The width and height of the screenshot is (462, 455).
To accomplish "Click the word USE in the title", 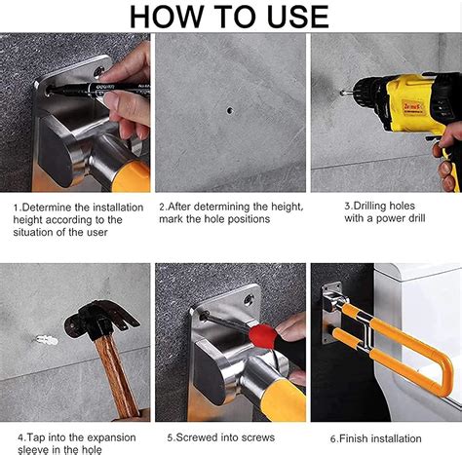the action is tap(298, 17).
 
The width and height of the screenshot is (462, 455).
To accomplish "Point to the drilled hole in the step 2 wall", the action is tap(230, 110).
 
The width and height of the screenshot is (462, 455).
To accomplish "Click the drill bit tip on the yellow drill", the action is tap(342, 94).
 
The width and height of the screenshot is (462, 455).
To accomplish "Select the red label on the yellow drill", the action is tap(412, 106).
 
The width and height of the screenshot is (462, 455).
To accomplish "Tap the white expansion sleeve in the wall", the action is tap(47, 340).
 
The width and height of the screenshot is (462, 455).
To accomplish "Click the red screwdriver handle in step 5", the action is tap(263, 336).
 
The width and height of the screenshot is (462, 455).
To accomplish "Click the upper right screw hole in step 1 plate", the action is tap(99, 72).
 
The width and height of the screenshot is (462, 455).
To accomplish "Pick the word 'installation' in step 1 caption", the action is tap(118, 208).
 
